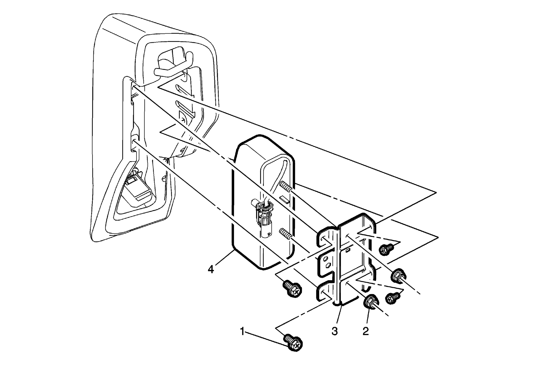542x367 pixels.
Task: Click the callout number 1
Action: [242, 332]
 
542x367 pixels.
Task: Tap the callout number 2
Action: [366, 331]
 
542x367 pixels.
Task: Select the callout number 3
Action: [335, 331]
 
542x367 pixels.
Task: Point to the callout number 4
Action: [211, 269]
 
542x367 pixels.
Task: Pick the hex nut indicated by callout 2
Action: [371, 302]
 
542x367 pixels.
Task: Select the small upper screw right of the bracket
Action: [386, 249]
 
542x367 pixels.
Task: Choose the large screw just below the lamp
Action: [292, 289]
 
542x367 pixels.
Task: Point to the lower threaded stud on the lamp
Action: [286, 234]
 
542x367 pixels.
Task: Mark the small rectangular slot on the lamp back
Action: [284, 199]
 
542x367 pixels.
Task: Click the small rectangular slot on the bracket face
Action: [348, 251]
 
